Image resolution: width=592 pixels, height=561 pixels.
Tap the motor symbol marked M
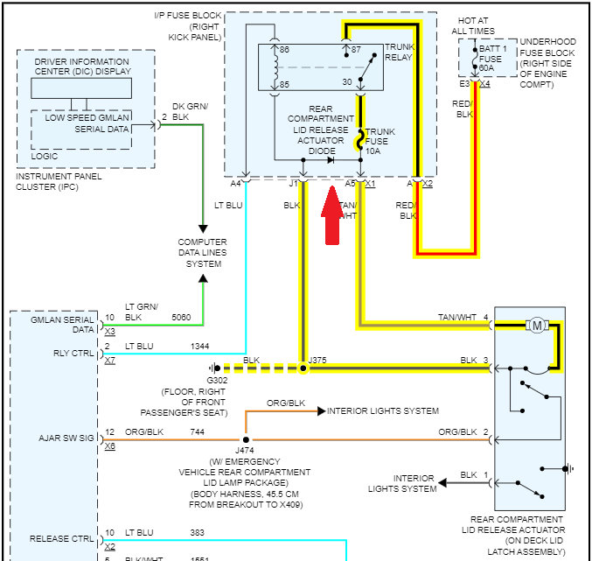(x=535, y=326)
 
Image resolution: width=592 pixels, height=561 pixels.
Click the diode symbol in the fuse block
(x=331, y=160)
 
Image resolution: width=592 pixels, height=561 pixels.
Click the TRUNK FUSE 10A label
(x=380, y=141)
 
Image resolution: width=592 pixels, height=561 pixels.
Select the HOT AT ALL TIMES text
(x=472, y=25)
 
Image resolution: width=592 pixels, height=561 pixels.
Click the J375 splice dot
(x=304, y=368)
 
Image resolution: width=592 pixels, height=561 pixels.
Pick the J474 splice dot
(x=246, y=439)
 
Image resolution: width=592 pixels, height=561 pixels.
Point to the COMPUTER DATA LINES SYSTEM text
(x=202, y=253)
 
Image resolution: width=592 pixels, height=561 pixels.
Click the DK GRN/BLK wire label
(x=190, y=111)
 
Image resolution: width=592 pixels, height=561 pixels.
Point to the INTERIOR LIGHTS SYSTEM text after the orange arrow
(x=383, y=410)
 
